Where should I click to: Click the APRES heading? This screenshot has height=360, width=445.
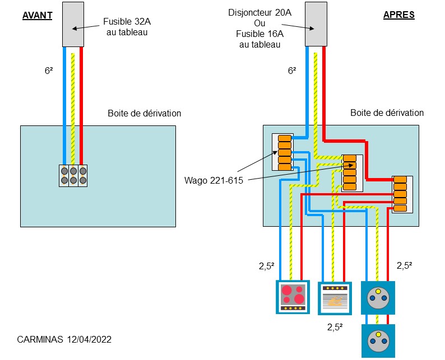click(399, 15)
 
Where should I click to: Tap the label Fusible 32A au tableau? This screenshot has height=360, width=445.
click(126, 27)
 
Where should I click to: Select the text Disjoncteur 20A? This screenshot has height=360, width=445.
click(260, 12)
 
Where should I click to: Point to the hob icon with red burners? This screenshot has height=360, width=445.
click(293, 296)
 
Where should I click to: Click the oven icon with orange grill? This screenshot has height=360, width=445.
click(335, 297)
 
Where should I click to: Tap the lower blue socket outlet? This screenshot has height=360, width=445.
click(378, 340)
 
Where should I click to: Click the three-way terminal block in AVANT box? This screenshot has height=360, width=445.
click(73, 175)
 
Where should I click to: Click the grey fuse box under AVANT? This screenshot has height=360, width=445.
click(73, 24)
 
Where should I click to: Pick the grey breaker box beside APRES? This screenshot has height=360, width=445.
click(316, 24)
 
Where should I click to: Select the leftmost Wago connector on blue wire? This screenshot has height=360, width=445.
click(284, 152)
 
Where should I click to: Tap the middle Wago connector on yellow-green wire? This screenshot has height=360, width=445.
click(350, 172)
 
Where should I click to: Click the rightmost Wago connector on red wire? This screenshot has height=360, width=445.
click(400, 194)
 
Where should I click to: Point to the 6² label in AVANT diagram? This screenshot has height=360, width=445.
click(49, 71)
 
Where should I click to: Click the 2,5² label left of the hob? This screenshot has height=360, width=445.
click(267, 267)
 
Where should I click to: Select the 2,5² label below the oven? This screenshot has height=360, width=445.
click(335, 328)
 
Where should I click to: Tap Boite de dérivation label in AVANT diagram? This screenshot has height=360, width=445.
click(145, 113)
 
